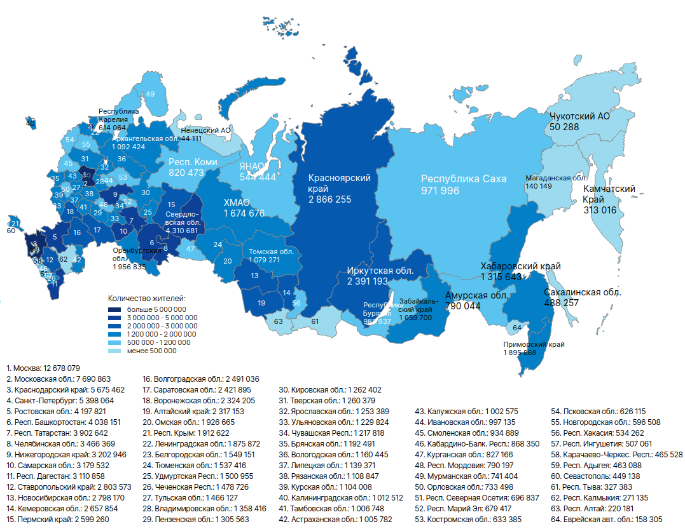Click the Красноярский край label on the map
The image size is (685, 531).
(x=340, y=184)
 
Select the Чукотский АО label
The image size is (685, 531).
(x=579, y=117)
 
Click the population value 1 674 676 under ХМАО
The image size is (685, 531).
(x=244, y=213)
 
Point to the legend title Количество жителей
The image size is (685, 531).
(x=147, y=297)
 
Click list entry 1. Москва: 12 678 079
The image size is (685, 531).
(x=43, y=368)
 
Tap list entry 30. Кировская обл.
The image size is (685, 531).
(x=331, y=389)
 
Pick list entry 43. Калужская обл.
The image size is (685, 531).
(x=467, y=411)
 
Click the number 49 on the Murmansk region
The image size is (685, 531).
(x=150, y=94)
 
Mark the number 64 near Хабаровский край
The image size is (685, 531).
(x=516, y=328)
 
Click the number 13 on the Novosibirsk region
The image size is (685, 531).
(x=254, y=276)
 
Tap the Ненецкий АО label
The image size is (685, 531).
(x=205, y=130)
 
